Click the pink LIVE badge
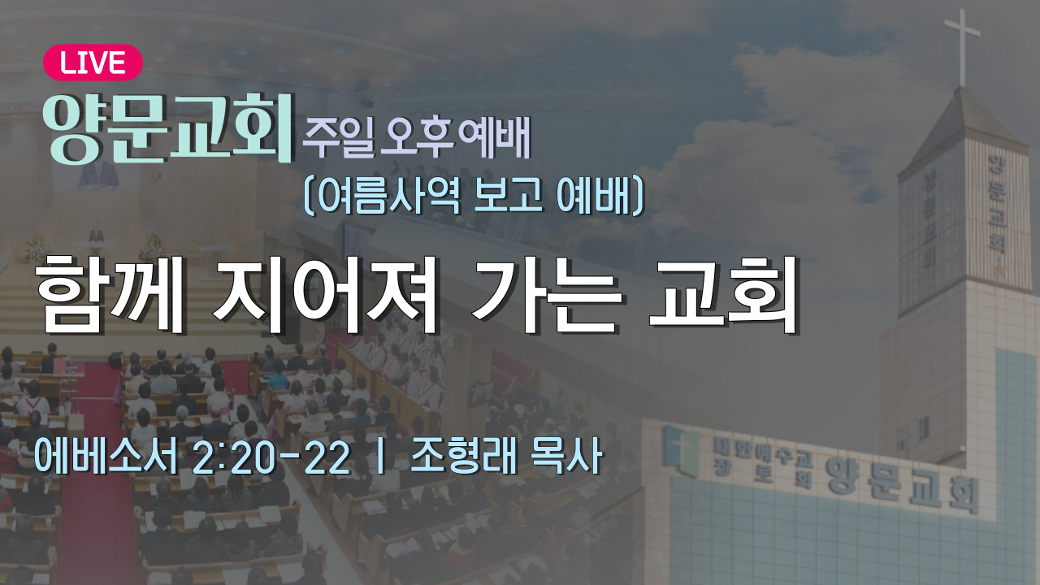[93, 63]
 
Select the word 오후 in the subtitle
[417, 136]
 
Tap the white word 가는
[546, 295]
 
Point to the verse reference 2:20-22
[271, 457]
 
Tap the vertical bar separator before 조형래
[381, 457]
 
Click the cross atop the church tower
[961, 46]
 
